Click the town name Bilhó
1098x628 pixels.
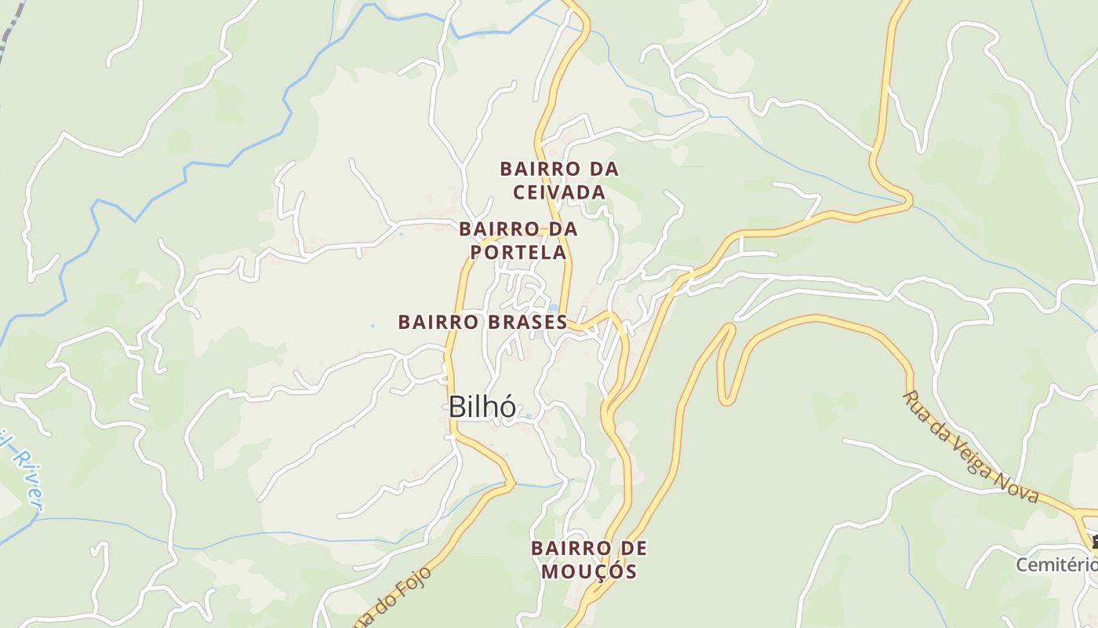482,407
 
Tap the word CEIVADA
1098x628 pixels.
559,192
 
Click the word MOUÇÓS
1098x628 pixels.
589,571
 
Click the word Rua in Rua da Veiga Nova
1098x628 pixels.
916,405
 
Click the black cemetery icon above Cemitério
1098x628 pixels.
1094,541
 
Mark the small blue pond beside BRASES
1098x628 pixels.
554,308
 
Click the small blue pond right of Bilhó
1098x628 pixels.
528,415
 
